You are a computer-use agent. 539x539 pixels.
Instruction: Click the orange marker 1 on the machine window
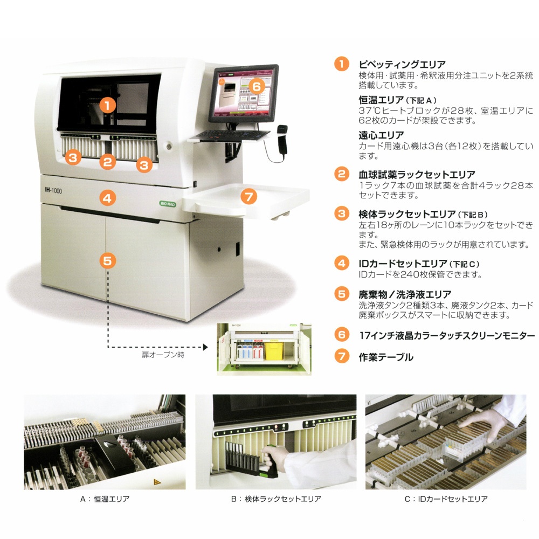107,105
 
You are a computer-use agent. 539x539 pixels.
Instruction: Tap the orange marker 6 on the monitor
257,86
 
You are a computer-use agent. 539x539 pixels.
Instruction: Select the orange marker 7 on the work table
249,197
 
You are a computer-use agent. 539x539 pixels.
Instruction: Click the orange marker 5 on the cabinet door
107,260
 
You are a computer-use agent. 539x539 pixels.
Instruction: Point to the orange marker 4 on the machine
107,198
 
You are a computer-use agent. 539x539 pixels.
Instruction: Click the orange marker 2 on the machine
108,161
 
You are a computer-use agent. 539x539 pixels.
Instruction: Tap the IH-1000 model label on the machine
53,190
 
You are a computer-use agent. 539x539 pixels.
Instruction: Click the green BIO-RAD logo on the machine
168,204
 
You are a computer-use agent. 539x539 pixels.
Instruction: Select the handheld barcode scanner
282,140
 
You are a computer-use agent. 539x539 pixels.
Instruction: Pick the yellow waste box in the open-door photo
274,350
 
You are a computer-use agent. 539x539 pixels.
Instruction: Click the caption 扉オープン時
163,355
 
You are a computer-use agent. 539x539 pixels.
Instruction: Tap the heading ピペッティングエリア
402,64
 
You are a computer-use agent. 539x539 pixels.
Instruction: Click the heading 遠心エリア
381,135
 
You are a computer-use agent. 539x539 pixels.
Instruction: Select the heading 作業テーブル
386,357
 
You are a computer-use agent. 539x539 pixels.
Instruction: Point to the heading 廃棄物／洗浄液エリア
405,295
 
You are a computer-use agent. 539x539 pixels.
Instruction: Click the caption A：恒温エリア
105,499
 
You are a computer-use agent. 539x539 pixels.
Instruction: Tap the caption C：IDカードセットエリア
446,499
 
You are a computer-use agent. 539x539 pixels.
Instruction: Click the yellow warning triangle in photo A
157,482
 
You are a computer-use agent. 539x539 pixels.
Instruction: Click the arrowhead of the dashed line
205,347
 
